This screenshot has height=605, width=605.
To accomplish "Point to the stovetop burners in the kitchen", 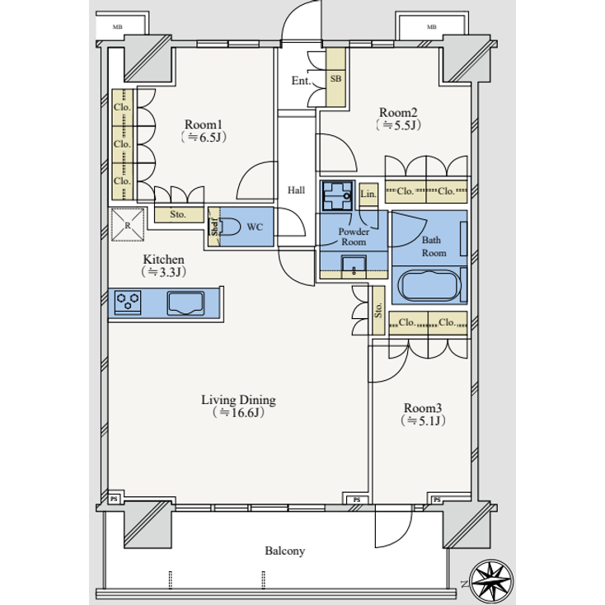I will pyautogui.click(x=129, y=302).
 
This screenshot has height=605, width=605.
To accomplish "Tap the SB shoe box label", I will pyautogui.click(x=335, y=79).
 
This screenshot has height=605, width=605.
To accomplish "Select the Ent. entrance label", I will pyautogui.click(x=300, y=82).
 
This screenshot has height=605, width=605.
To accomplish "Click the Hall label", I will pyautogui.click(x=297, y=190).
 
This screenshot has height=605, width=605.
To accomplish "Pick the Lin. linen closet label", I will pyautogui.click(x=368, y=195).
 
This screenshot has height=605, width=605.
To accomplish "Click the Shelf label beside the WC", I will pyautogui.click(x=213, y=227).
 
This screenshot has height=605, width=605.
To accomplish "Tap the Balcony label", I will pyautogui.click(x=285, y=551).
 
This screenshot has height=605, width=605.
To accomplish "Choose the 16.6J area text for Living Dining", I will pyautogui.click(x=239, y=413).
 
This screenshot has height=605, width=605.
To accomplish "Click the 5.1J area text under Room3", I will pyautogui.click(x=423, y=421).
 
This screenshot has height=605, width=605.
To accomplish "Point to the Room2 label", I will pyautogui.click(x=399, y=112).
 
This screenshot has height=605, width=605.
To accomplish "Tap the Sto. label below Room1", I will pyautogui.click(x=177, y=215).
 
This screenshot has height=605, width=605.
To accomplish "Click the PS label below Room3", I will pyautogui.click(x=436, y=499).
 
